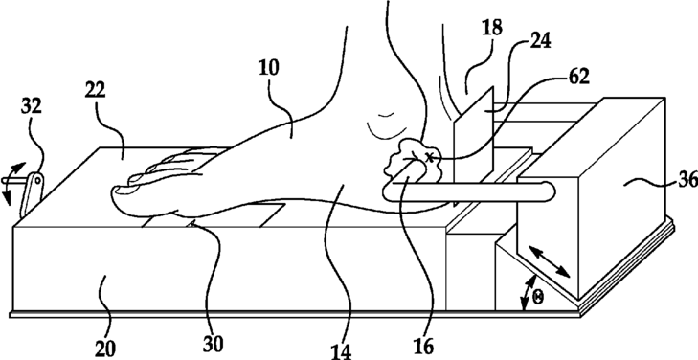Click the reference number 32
coord(32,106)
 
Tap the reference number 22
coord(96,89)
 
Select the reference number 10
coord(269,68)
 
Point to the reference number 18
coord(491,28)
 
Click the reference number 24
coord(540,41)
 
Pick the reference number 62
coord(578,77)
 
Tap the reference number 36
coord(687,180)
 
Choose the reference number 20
coord(105,349)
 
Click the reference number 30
coord(213,344)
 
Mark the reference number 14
coord(342,351)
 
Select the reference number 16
coord(423,348)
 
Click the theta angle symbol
coord(538,298)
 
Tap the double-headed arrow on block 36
coord(550,262)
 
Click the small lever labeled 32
coord(32,195)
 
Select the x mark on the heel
coord(429,156)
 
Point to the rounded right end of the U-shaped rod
coord(552,192)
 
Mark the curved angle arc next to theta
coord(527,293)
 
